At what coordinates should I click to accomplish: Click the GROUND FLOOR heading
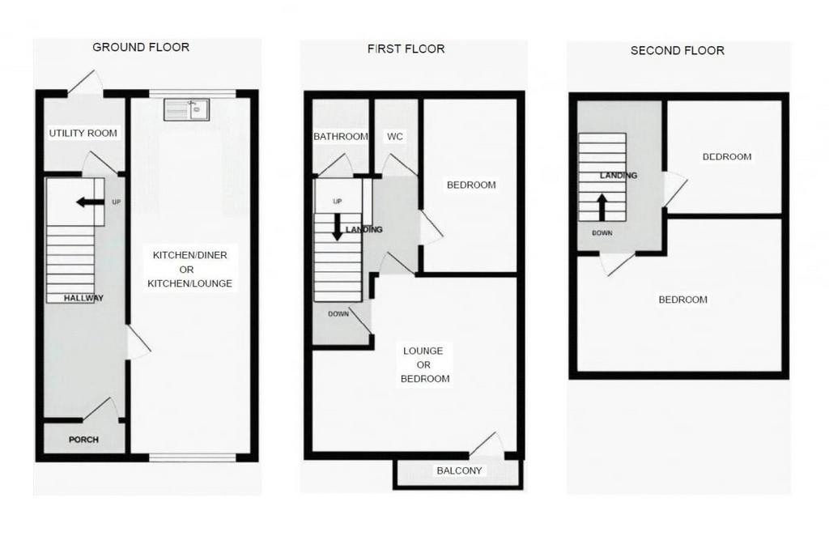click(x=141, y=47)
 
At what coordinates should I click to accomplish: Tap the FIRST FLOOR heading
click(x=406, y=49)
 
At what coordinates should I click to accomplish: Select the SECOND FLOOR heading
click(x=678, y=51)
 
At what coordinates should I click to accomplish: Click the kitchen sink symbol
click(x=187, y=109)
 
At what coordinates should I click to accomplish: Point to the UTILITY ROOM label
click(x=83, y=134)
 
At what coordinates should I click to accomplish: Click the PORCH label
click(x=83, y=440)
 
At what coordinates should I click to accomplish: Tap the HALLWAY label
click(x=83, y=298)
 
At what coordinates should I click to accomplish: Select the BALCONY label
click(x=459, y=470)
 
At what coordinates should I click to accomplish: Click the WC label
click(x=395, y=136)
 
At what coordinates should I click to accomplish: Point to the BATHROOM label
click(x=341, y=136)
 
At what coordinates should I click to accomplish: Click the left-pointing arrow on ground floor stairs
click(x=90, y=202)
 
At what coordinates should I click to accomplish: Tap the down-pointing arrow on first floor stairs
click(x=338, y=227)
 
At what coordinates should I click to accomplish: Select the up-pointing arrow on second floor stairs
click(x=602, y=207)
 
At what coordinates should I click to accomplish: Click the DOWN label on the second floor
click(x=602, y=232)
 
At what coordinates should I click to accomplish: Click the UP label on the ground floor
click(x=117, y=202)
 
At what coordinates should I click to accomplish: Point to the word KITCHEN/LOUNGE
click(x=189, y=283)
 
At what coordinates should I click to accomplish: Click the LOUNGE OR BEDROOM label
click(x=424, y=365)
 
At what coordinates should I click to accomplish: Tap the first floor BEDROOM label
click(x=471, y=185)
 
